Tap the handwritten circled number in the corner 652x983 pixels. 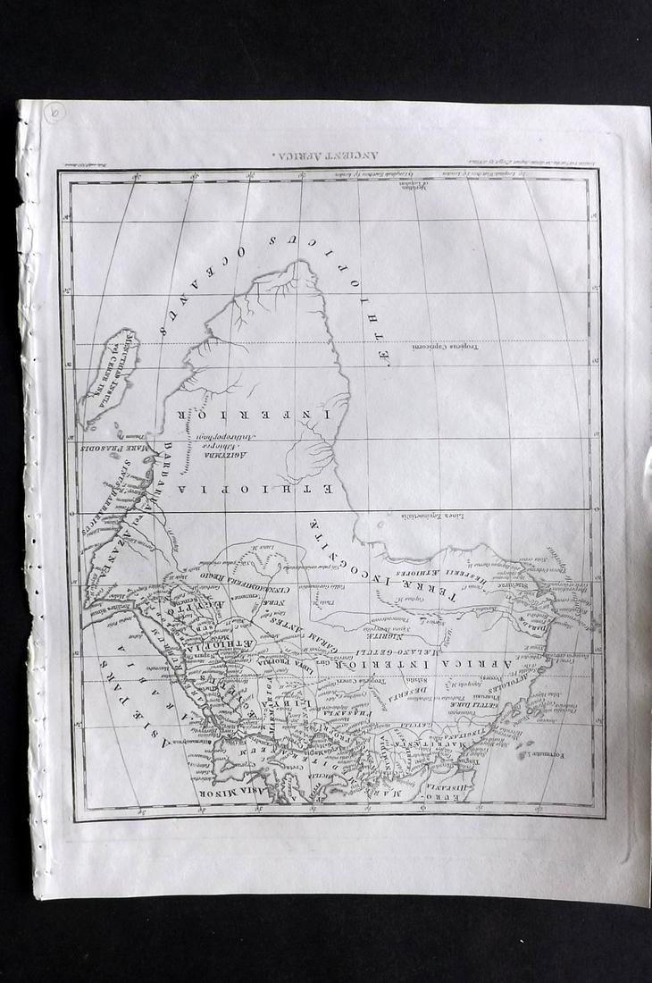click(54, 115)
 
